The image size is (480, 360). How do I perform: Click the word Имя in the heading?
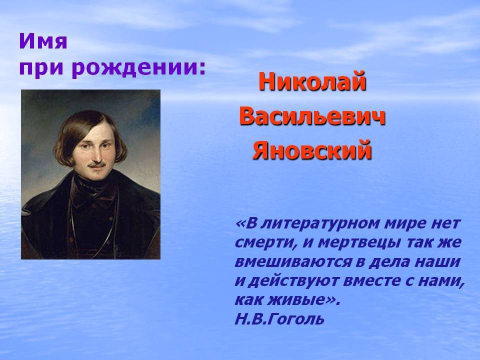[43, 41]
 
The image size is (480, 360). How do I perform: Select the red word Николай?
[312, 81]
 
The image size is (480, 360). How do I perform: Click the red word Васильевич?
[312, 116]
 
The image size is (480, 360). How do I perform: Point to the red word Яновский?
[312, 150]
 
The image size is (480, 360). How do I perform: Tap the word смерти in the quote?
[266, 243]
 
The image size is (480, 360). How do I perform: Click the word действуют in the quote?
[292, 281]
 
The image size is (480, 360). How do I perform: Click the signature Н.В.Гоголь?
[279, 318]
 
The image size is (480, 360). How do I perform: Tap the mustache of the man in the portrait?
[97, 165]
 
